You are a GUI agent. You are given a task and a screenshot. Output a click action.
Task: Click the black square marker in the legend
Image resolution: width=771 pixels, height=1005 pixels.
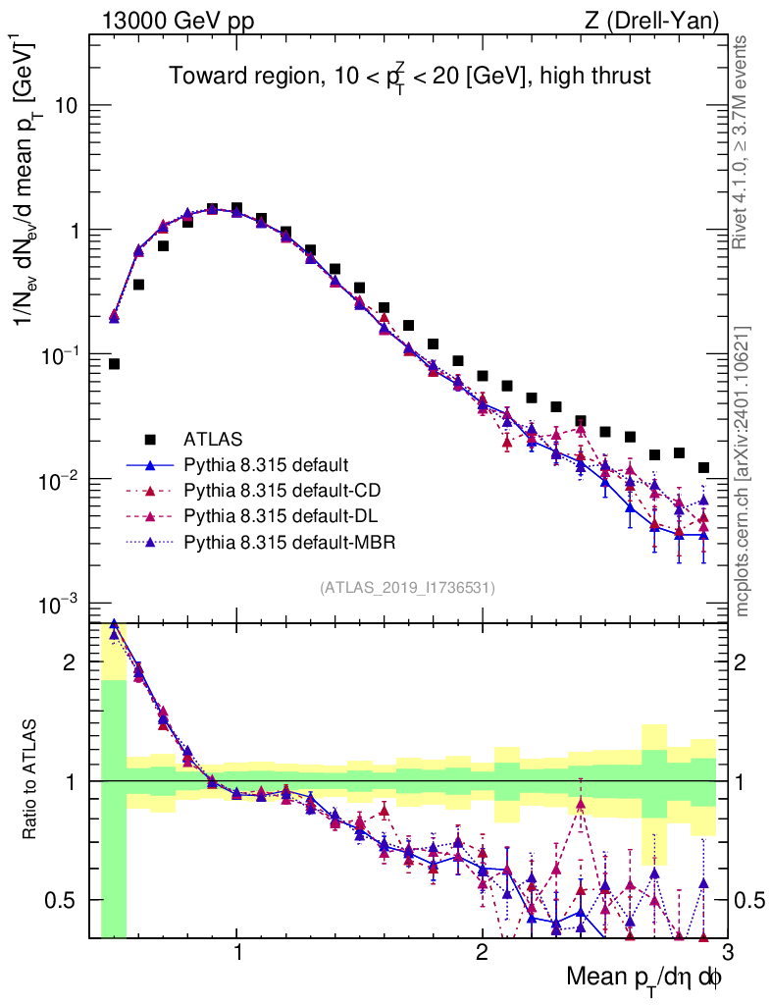[x=149, y=438]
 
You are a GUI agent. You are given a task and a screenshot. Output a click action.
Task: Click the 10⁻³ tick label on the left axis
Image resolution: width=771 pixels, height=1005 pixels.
[x=58, y=604]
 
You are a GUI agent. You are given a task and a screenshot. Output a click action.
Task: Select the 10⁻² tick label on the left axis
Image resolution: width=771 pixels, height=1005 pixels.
[x=58, y=479]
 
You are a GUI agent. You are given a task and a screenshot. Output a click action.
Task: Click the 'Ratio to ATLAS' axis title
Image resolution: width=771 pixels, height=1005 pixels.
[x=31, y=780]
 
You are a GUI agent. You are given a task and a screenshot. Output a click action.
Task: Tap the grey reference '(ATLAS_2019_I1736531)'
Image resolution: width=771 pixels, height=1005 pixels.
[x=407, y=588]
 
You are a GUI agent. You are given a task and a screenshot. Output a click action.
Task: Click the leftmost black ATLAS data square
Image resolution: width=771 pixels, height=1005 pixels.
[x=114, y=364]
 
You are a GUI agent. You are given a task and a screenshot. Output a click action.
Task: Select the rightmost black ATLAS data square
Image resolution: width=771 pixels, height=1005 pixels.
[x=703, y=468]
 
